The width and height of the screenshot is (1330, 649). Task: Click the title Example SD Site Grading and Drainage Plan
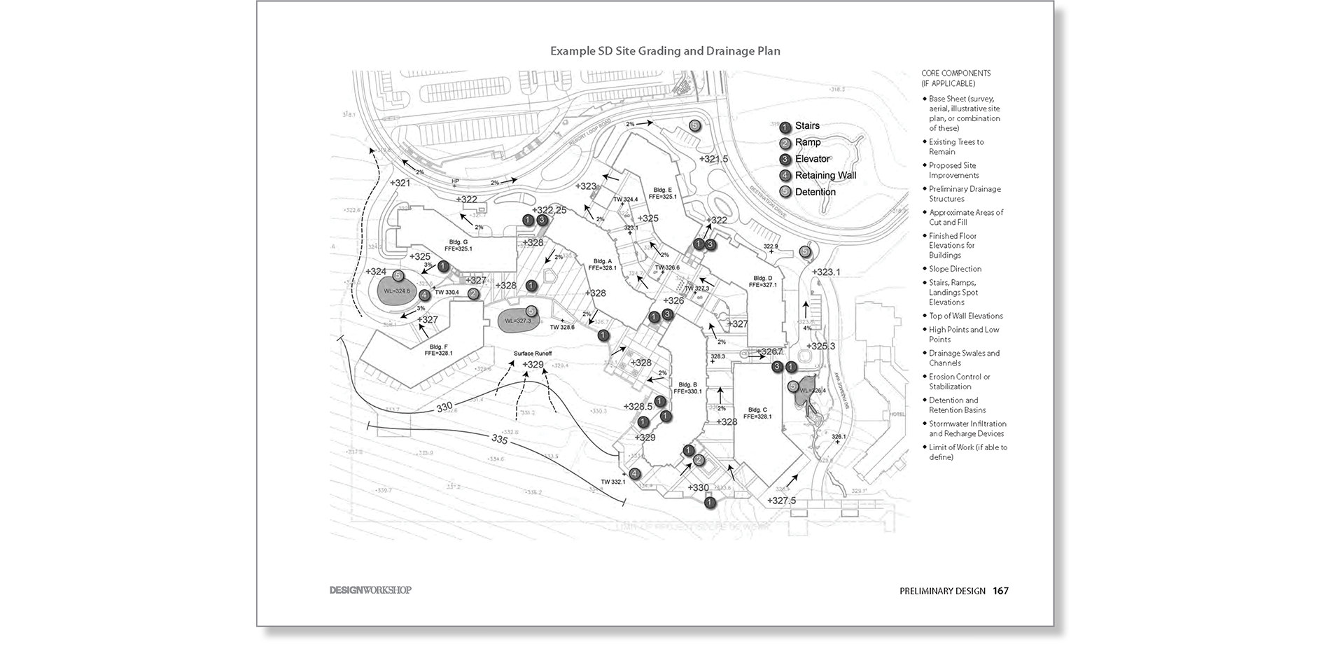665,51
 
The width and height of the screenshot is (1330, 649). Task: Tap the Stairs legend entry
806,126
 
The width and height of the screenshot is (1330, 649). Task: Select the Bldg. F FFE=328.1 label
438,350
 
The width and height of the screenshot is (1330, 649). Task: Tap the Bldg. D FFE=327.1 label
762,281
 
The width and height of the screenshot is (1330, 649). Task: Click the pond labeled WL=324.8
395,291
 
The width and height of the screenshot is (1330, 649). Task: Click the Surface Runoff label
533,354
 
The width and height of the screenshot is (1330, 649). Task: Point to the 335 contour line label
499,440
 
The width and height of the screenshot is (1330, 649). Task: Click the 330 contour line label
444,406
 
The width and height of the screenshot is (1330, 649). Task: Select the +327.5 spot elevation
781,501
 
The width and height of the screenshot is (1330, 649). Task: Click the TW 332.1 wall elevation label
612,482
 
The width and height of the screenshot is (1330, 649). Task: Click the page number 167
1000,591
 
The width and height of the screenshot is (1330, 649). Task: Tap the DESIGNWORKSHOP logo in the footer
370,590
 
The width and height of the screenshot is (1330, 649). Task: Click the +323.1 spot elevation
826,272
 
